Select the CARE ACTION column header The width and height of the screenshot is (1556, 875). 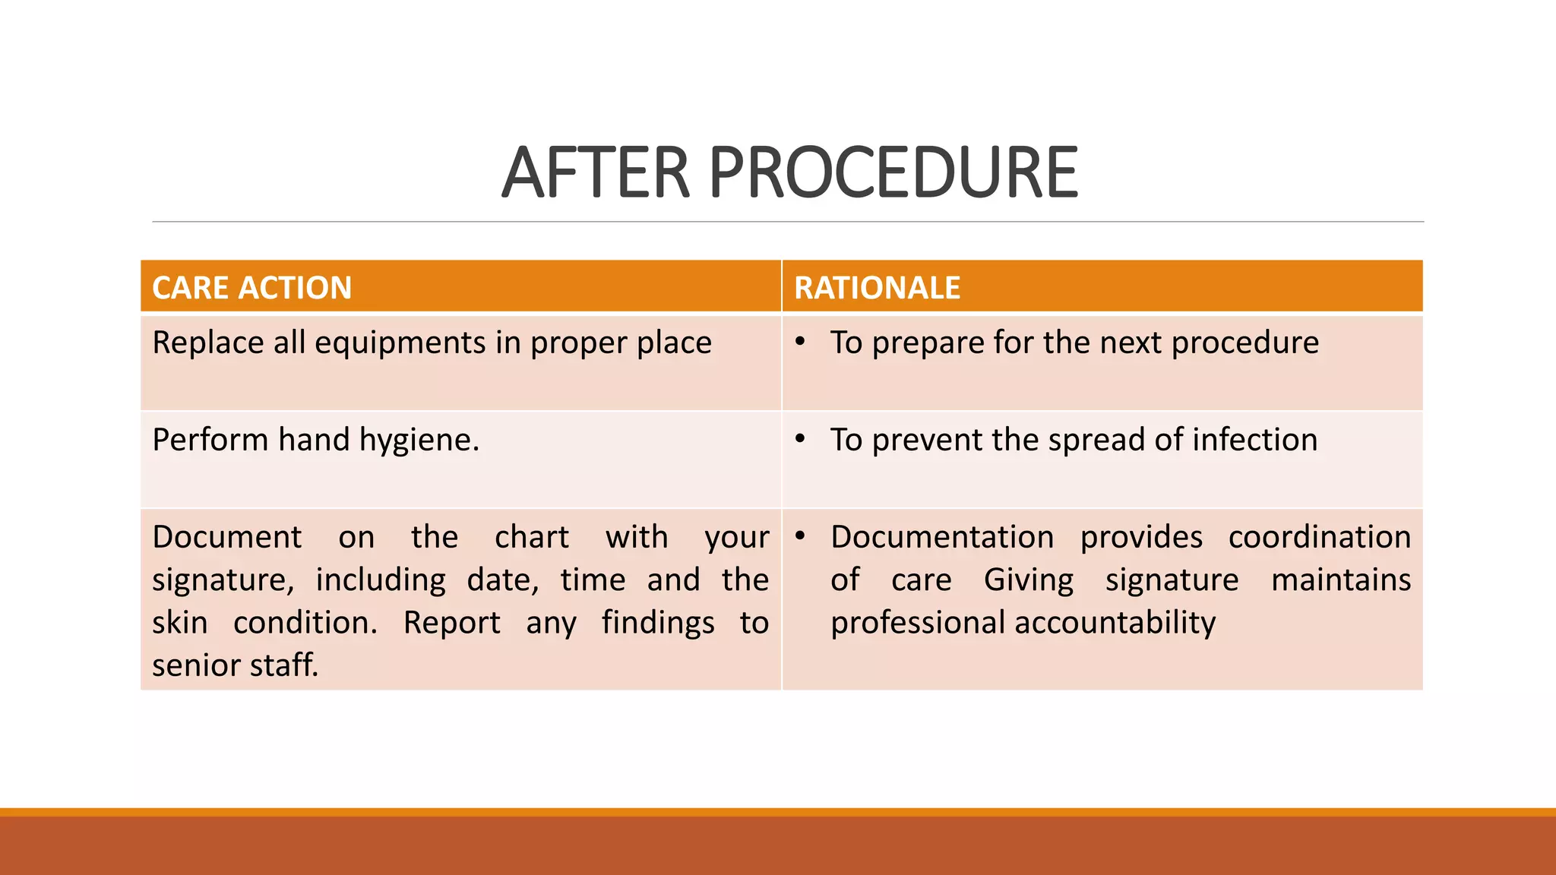pos(251,288)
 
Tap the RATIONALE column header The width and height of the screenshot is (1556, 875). pos(877,288)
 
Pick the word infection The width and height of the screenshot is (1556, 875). pos(1254,440)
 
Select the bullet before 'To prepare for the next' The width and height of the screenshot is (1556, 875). pos(800,342)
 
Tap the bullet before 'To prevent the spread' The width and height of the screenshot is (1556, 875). pos(800,439)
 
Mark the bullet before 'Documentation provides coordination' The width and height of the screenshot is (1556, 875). pos(800,536)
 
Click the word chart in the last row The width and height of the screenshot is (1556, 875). pos(531,537)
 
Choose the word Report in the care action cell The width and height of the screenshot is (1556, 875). pos(451,623)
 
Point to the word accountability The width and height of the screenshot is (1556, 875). pos(1115,623)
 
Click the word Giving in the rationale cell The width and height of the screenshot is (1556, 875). pos(1029,580)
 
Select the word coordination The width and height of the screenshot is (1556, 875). pos(1319,537)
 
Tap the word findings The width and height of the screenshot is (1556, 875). pos(658,624)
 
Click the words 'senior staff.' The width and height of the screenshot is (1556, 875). pos(236,665)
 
